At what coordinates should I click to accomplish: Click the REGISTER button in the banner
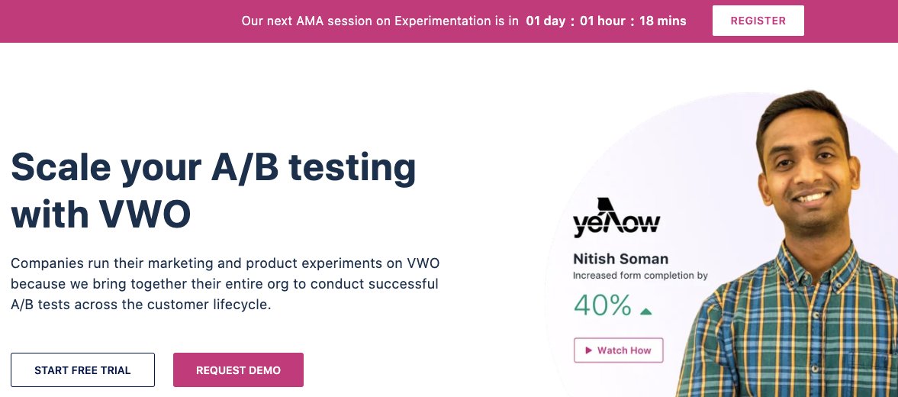click(x=758, y=21)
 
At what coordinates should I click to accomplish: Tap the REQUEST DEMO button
click(x=238, y=370)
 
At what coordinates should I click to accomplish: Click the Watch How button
click(x=619, y=350)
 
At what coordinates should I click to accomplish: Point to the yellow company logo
click(x=616, y=218)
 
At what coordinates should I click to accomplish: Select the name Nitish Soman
click(x=621, y=259)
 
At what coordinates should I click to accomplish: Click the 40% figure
click(x=603, y=305)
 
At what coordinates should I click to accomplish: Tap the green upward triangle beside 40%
click(x=646, y=311)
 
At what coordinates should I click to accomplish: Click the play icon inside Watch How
click(x=589, y=350)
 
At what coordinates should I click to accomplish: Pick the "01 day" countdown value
click(x=546, y=21)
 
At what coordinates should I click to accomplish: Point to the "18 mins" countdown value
click(x=662, y=21)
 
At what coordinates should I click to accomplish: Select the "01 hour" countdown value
click(x=603, y=21)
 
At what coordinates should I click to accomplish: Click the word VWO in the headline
click(x=145, y=215)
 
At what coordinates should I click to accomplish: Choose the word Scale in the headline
click(x=61, y=167)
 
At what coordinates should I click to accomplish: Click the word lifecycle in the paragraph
click(x=242, y=305)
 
